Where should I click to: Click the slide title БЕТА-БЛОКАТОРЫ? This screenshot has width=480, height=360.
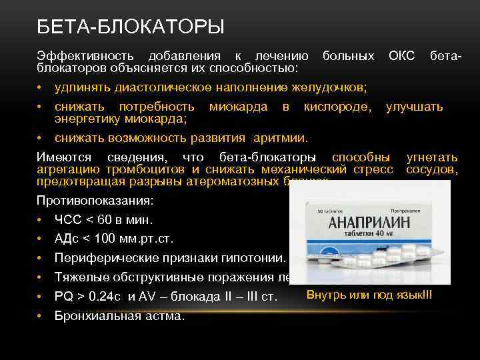pos(131,27)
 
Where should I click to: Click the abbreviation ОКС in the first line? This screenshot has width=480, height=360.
pos(401,57)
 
